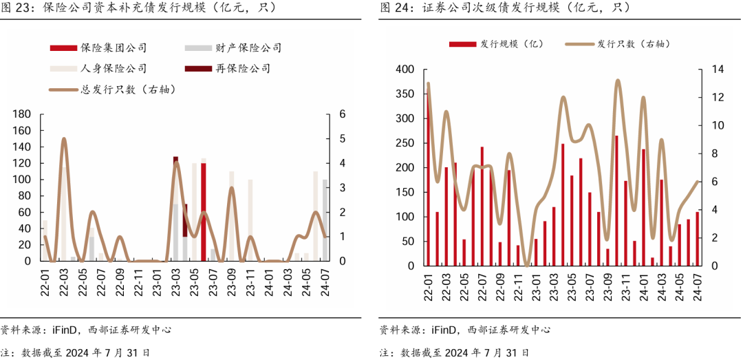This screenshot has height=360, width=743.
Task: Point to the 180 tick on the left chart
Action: click(23, 114)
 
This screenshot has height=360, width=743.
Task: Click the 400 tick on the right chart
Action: click(405, 70)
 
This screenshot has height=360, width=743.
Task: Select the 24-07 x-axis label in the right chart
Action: click(698, 285)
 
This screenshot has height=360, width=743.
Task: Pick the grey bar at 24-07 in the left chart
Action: click(325, 220)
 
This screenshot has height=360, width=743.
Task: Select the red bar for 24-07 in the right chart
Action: click(698, 238)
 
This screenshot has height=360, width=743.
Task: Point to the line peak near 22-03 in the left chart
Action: click(64, 139)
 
